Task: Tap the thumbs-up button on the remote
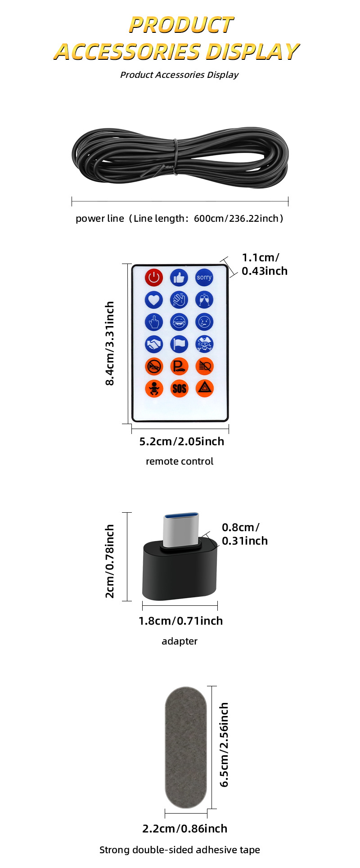coord(179,277)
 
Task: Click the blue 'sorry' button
coord(204,277)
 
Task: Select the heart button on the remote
coord(154,300)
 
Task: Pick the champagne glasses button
coord(204,300)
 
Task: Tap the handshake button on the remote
coord(154,345)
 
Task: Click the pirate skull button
coord(204,345)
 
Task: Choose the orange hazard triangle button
coord(204,388)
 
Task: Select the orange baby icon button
coord(154,388)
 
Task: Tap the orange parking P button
coord(179,367)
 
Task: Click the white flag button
coord(179,345)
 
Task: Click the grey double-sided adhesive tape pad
coord(186,747)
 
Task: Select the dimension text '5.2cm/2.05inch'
coord(181,442)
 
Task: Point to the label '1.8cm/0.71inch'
coord(180,621)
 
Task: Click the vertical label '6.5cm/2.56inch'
coord(224,745)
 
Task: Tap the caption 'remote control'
coord(180,461)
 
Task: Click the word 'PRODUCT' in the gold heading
coord(181,25)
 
